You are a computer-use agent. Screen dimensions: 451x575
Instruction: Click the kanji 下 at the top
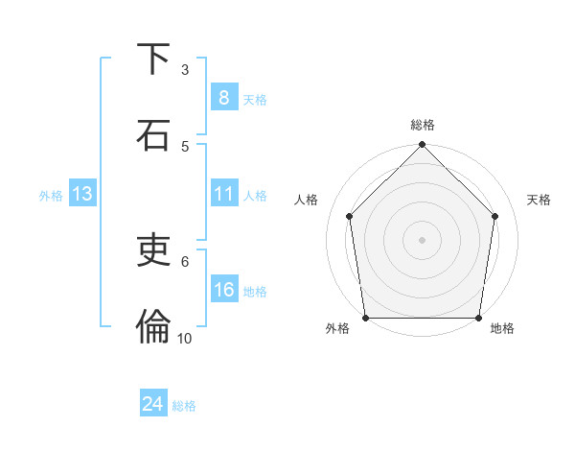pos(154,59)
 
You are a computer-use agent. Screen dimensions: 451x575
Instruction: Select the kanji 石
pos(154,134)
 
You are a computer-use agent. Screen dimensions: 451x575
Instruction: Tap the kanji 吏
pos(154,250)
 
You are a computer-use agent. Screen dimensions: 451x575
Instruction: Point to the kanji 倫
pos(154,326)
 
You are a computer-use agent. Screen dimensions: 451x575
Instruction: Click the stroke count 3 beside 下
pos(185,70)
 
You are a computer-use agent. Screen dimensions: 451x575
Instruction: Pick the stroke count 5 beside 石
pos(185,146)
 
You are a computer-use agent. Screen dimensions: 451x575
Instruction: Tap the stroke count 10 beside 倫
pos(185,338)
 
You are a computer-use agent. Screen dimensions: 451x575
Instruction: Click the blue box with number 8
pos(223,98)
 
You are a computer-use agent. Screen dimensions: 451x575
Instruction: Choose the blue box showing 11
pos(223,195)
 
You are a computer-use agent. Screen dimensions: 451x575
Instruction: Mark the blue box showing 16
pos(223,290)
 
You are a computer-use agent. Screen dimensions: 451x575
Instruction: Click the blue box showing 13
pos(81,195)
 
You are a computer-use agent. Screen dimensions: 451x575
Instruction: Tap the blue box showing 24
pos(152,405)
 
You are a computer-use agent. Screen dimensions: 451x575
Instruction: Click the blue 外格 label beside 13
pos(51,196)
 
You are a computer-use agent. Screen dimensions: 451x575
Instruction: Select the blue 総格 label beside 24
pos(184,406)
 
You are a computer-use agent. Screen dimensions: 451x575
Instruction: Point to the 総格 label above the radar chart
pos(422,125)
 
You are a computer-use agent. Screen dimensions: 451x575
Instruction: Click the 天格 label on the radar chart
pos(539,200)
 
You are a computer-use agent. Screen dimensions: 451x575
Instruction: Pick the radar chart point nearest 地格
pos(479,318)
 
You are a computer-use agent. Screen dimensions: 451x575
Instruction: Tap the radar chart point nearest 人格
pos(349,216)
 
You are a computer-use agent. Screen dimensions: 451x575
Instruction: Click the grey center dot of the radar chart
pos(422,239)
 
